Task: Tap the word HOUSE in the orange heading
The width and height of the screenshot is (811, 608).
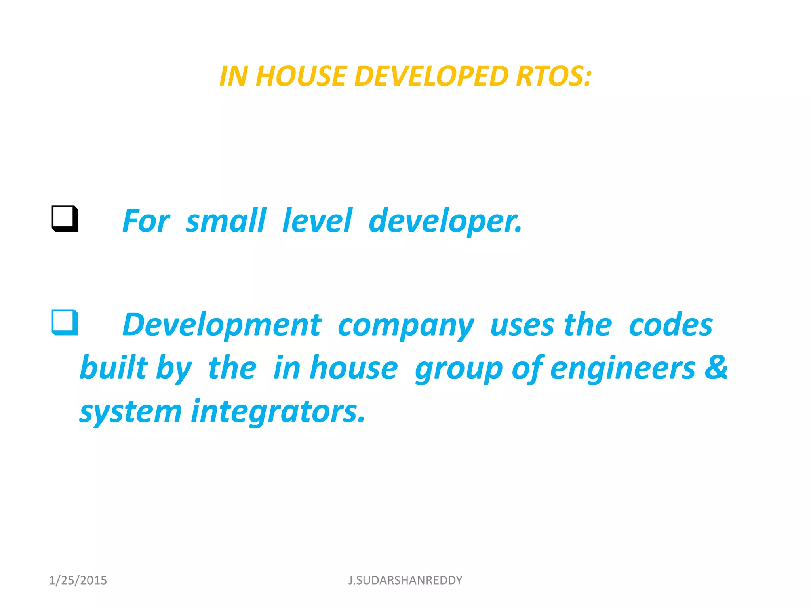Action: [x=301, y=76]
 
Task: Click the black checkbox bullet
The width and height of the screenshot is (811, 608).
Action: [x=65, y=218]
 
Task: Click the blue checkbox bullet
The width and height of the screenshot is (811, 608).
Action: [x=65, y=322]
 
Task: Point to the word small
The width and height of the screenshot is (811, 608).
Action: [x=226, y=221]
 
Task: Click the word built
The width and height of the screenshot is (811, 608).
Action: [x=114, y=368]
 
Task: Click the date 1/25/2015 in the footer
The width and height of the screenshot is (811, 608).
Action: [x=78, y=580]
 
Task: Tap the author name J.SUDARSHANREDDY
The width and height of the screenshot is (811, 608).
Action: [x=405, y=580]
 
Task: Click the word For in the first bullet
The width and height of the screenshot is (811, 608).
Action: [x=146, y=221]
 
